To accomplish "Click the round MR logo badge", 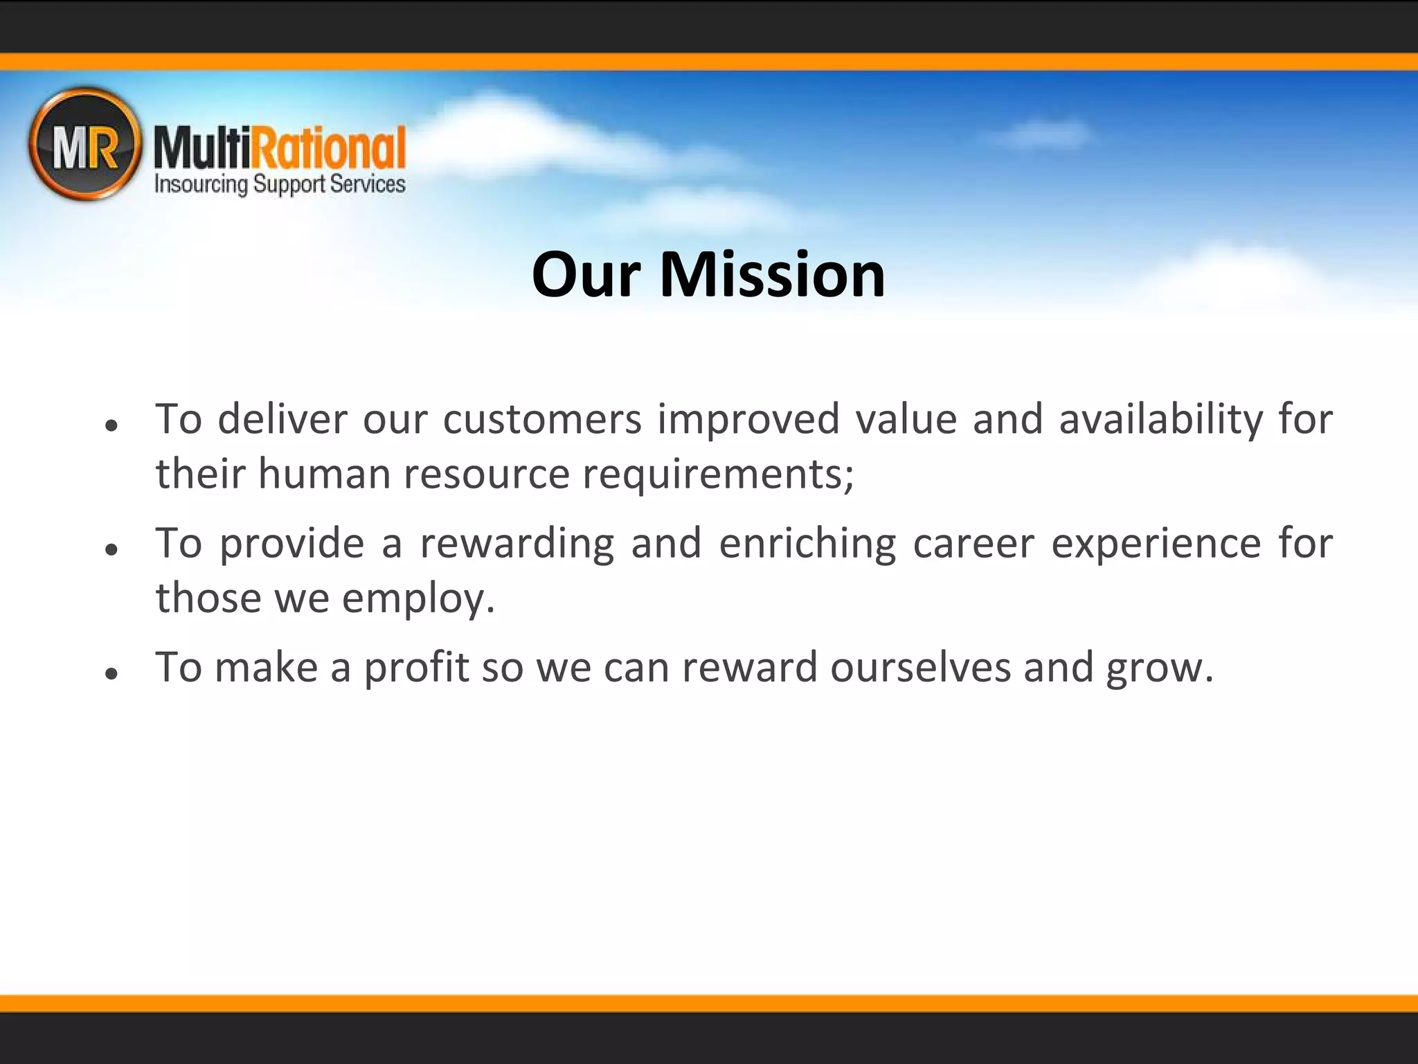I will pyautogui.click(x=84, y=144).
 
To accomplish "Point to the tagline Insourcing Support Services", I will pyautogui.click(x=280, y=184).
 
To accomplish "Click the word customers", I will pyautogui.click(x=542, y=420).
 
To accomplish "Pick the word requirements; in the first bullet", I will pyautogui.click(x=719, y=475).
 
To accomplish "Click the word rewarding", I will pyautogui.click(x=517, y=544).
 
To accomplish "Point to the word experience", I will pyautogui.click(x=1156, y=544).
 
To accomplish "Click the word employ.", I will pyautogui.click(x=418, y=598).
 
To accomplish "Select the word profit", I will pyautogui.click(x=416, y=668).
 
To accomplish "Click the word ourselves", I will pyautogui.click(x=920, y=668).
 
